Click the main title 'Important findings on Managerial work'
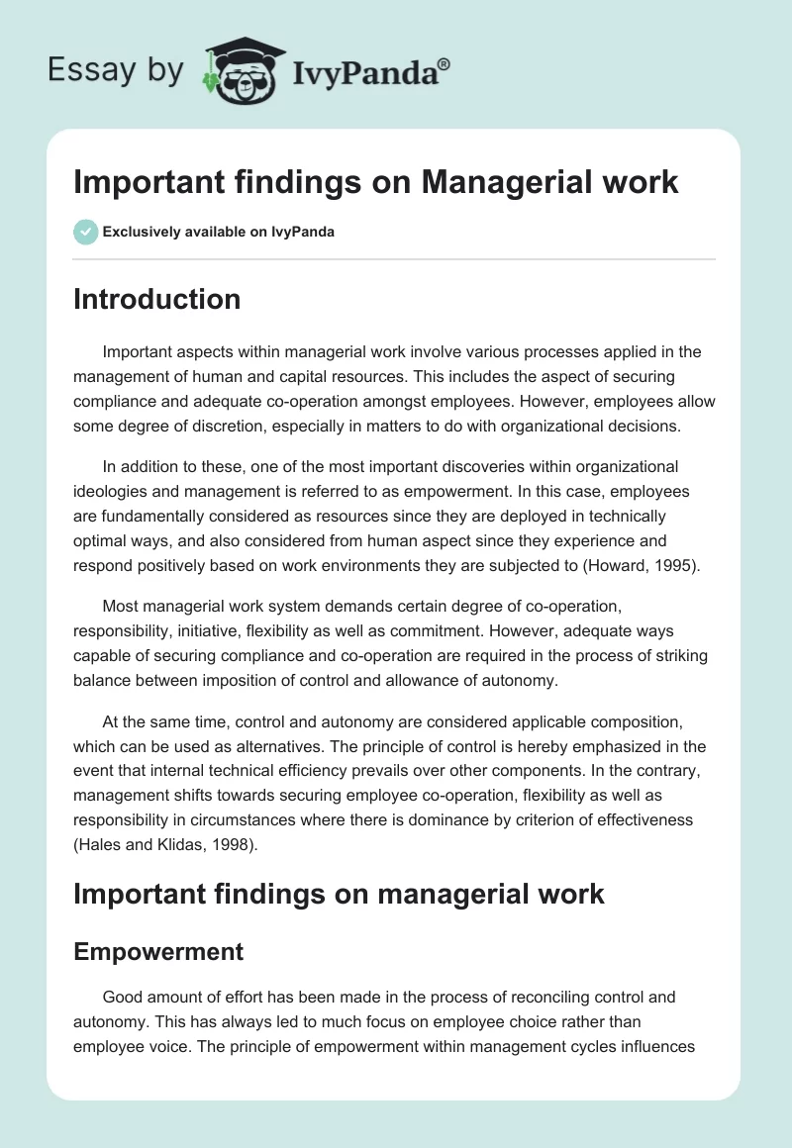(376, 182)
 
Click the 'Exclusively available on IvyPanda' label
(219, 233)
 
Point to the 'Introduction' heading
(156, 299)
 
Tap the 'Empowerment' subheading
(158, 951)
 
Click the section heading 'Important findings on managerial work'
(339, 893)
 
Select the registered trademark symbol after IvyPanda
(445, 64)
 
